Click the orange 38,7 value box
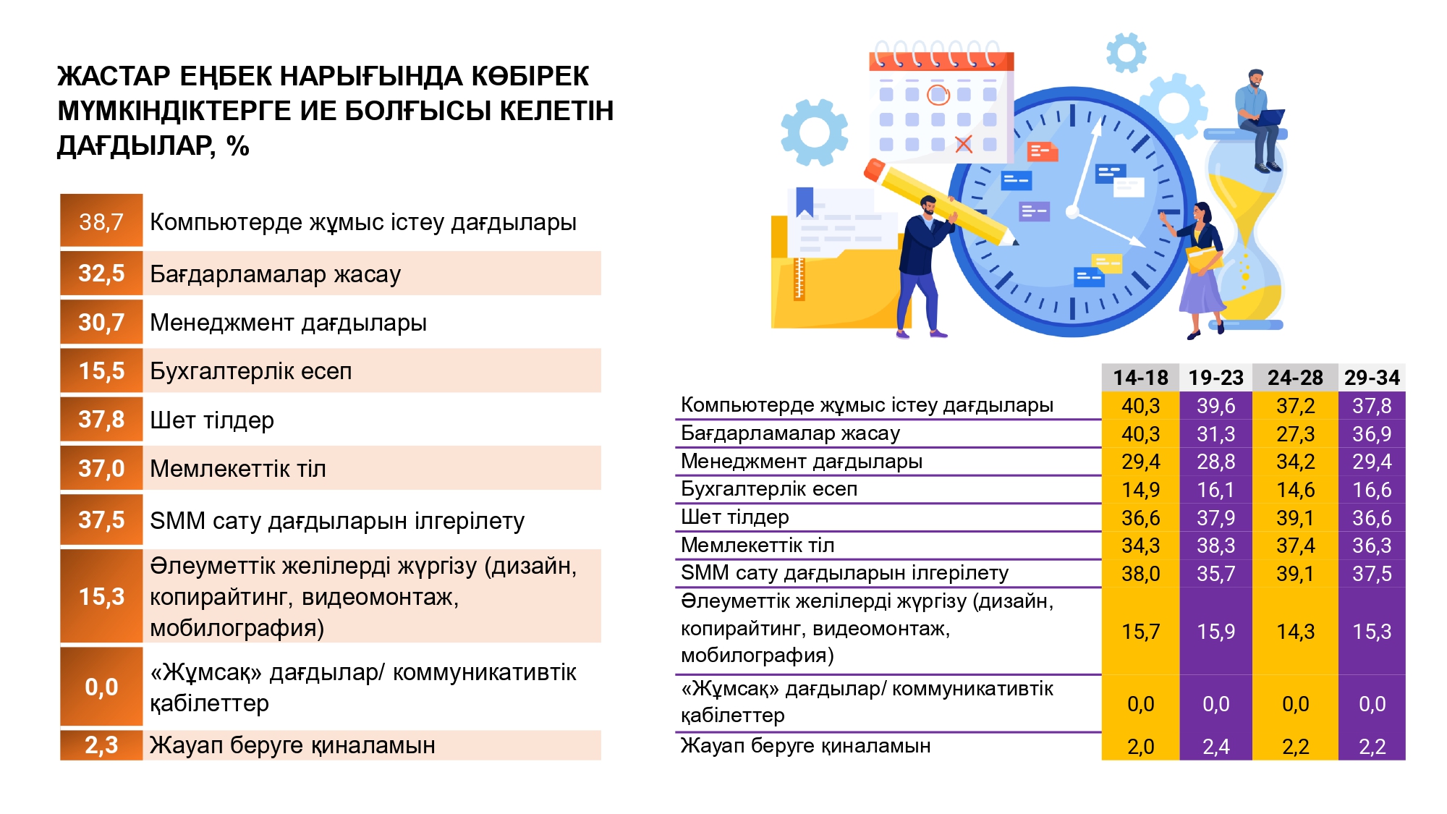(101, 221)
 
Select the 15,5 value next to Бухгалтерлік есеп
(101, 371)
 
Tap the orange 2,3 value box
(101, 745)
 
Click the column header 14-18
(1140, 378)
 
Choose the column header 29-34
(1372, 378)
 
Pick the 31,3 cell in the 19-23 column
(1215, 434)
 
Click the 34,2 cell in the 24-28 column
(1295, 462)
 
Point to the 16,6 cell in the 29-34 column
(1372, 490)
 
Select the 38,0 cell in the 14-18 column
(1140, 574)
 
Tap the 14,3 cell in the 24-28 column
(1295, 632)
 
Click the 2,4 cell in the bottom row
(1215, 747)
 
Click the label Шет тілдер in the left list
(212, 420)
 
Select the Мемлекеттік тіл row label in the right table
(758, 545)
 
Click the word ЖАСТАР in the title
(114, 76)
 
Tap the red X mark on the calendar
(964, 144)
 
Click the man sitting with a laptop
(1260, 119)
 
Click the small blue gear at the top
(1126, 52)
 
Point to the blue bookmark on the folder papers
(805, 201)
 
